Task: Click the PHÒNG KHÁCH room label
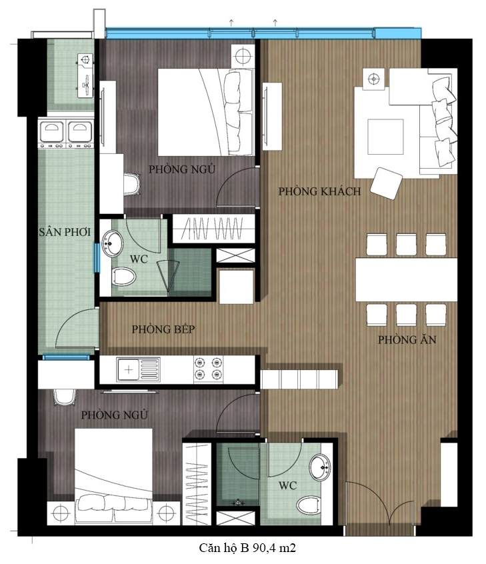pos(319,191)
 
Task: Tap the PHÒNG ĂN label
pos(407,339)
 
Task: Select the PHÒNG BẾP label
pos(163,329)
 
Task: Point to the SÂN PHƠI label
pos(65,232)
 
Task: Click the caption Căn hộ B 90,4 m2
pos(247,548)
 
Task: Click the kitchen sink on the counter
pos(139,369)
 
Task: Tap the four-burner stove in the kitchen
pos(208,368)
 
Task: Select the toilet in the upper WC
pos(124,277)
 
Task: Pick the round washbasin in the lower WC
pos(320,467)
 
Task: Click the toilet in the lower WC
pos(309,505)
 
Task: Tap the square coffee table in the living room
pos(385,137)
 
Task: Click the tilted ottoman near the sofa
pos(387,183)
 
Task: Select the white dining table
pos(406,279)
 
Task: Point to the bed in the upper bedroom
pos(205,112)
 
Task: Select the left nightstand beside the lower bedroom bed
pos(61,513)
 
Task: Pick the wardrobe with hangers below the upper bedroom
pos(214,229)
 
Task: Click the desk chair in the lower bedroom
pos(65,397)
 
